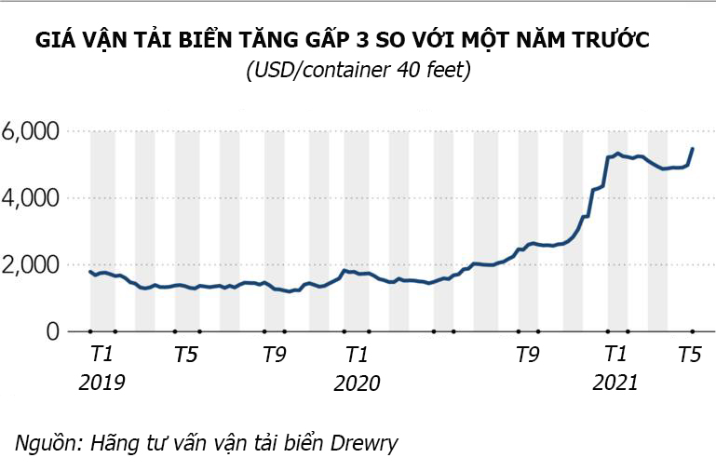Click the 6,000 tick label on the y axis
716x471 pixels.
tap(30, 131)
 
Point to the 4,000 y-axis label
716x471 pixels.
tap(30, 198)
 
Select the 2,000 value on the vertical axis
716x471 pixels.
tap(30, 265)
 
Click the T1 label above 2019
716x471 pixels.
tap(101, 355)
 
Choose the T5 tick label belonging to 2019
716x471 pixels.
tap(185, 355)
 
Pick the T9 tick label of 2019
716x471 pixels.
tap(274, 355)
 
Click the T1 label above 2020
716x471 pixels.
tap(357, 355)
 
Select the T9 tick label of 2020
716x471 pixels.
tap(528, 355)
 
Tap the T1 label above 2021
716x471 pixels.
tap(615, 355)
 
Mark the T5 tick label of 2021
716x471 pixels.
tap(689, 355)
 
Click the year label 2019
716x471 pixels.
tap(101, 383)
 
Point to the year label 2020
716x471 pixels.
tap(357, 383)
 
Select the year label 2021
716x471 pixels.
tap(615, 383)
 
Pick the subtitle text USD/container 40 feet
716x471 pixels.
tap(358, 71)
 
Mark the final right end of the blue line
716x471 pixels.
tap(692, 149)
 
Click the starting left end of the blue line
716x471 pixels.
tap(90, 271)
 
